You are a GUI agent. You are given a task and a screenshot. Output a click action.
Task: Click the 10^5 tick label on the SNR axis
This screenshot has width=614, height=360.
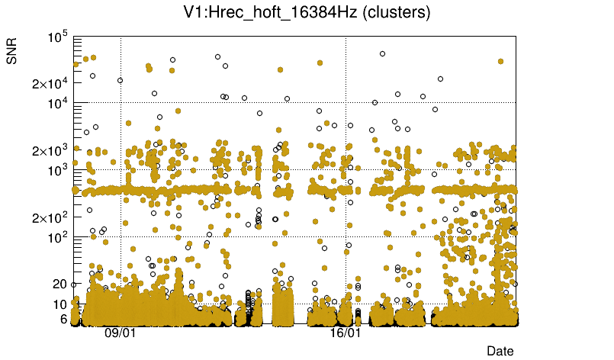(x=58, y=37)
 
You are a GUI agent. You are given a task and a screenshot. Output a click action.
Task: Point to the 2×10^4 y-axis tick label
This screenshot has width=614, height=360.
(x=50, y=83)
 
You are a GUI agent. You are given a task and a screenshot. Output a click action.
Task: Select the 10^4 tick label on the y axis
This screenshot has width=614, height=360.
(x=58, y=103)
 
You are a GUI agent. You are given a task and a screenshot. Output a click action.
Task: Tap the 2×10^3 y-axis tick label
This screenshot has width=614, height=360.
(x=50, y=150)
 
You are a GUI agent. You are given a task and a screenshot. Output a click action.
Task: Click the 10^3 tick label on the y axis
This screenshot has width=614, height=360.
(x=58, y=170)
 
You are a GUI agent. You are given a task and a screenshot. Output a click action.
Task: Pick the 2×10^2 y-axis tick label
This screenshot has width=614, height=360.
(x=50, y=217)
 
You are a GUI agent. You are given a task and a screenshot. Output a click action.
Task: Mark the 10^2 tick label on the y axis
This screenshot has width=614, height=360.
(x=58, y=237)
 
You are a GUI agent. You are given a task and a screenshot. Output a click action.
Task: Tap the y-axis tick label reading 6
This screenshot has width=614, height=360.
(x=65, y=319)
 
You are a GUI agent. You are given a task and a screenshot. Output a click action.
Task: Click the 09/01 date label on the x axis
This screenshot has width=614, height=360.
(x=120, y=333)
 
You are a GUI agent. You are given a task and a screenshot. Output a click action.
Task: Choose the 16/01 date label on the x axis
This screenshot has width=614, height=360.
(x=345, y=333)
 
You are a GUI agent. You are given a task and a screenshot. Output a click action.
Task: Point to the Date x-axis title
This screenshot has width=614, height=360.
(x=500, y=351)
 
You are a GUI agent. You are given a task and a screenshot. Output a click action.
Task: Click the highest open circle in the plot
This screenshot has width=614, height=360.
(x=382, y=53)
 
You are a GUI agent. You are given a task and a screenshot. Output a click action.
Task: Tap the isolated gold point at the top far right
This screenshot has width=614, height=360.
(x=500, y=61)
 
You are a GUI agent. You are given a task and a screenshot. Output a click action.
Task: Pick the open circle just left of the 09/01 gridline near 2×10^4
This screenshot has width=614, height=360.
(x=120, y=80)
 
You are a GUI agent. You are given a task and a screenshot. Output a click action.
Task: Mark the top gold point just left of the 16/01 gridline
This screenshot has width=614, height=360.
(x=320, y=63)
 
